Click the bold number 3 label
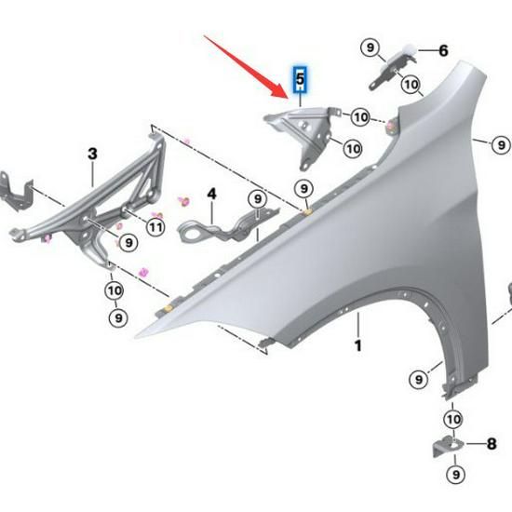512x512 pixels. pyautogui.click(x=92, y=152)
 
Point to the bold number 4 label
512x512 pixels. pyautogui.click(x=211, y=194)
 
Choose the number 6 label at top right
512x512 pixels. pyautogui.click(x=443, y=50)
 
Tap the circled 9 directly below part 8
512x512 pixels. pyautogui.click(x=456, y=476)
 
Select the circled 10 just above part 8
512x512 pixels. pyautogui.click(x=453, y=419)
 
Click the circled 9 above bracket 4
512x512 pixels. pyautogui.click(x=256, y=198)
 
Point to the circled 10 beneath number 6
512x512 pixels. pyautogui.click(x=411, y=85)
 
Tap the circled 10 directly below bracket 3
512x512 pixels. pyautogui.click(x=114, y=290)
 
